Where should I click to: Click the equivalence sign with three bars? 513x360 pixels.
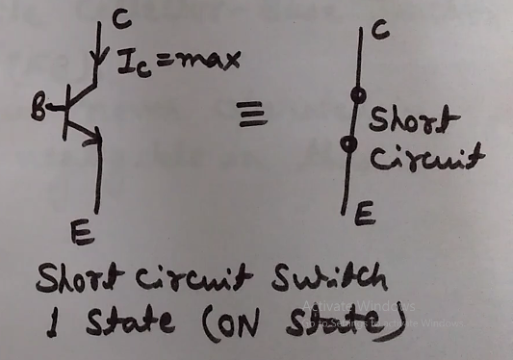tap(251, 116)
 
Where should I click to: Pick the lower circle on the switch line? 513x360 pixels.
tap(348, 145)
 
